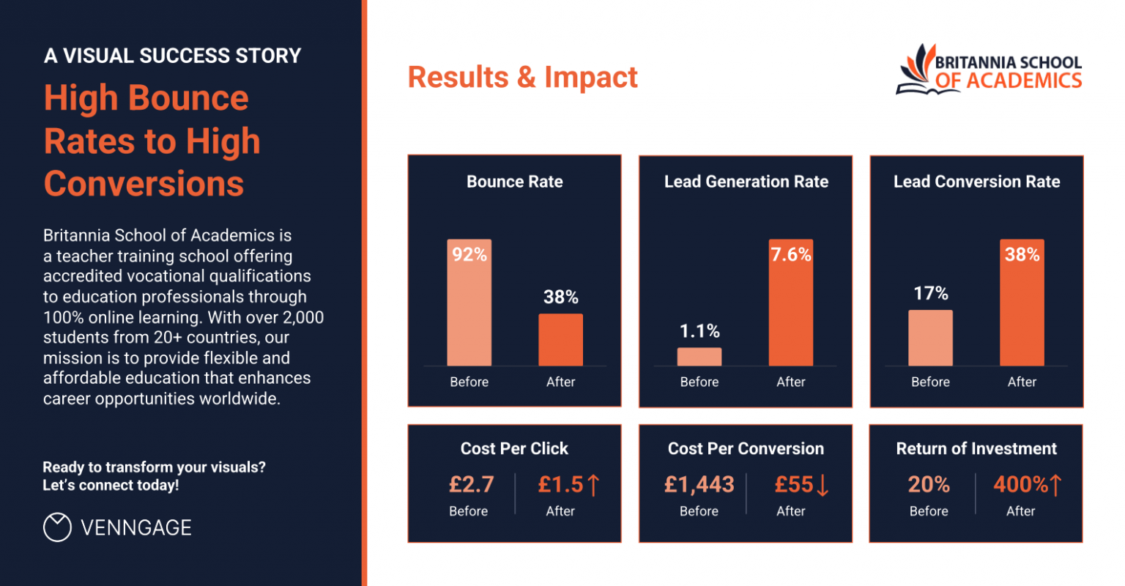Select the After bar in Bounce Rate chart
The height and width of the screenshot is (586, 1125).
click(x=561, y=340)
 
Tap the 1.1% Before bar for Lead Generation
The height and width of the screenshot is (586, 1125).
click(x=699, y=357)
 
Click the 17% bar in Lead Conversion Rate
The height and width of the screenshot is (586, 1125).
click(x=931, y=338)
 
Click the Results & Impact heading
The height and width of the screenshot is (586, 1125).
click(x=522, y=77)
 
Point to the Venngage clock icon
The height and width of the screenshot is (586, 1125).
click(x=57, y=527)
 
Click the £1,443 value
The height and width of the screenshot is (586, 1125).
click(x=699, y=484)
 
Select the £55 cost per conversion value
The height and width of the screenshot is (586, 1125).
click(x=794, y=484)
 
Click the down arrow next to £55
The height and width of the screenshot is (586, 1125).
click(x=823, y=485)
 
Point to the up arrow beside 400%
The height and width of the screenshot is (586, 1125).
click(x=1055, y=484)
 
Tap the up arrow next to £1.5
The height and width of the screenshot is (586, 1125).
click(x=593, y=484)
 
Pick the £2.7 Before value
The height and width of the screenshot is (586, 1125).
click(x=471, y=484)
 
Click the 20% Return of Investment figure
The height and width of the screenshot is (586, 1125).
click(x=929, y=484)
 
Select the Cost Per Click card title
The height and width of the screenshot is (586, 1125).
click(x=514, y=448)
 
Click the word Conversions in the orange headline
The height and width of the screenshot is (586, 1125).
click(x=144, y=183)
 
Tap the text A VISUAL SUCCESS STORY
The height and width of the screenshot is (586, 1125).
click(x=173, y=56)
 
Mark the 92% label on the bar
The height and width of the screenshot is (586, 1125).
click(x=469, y=254)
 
